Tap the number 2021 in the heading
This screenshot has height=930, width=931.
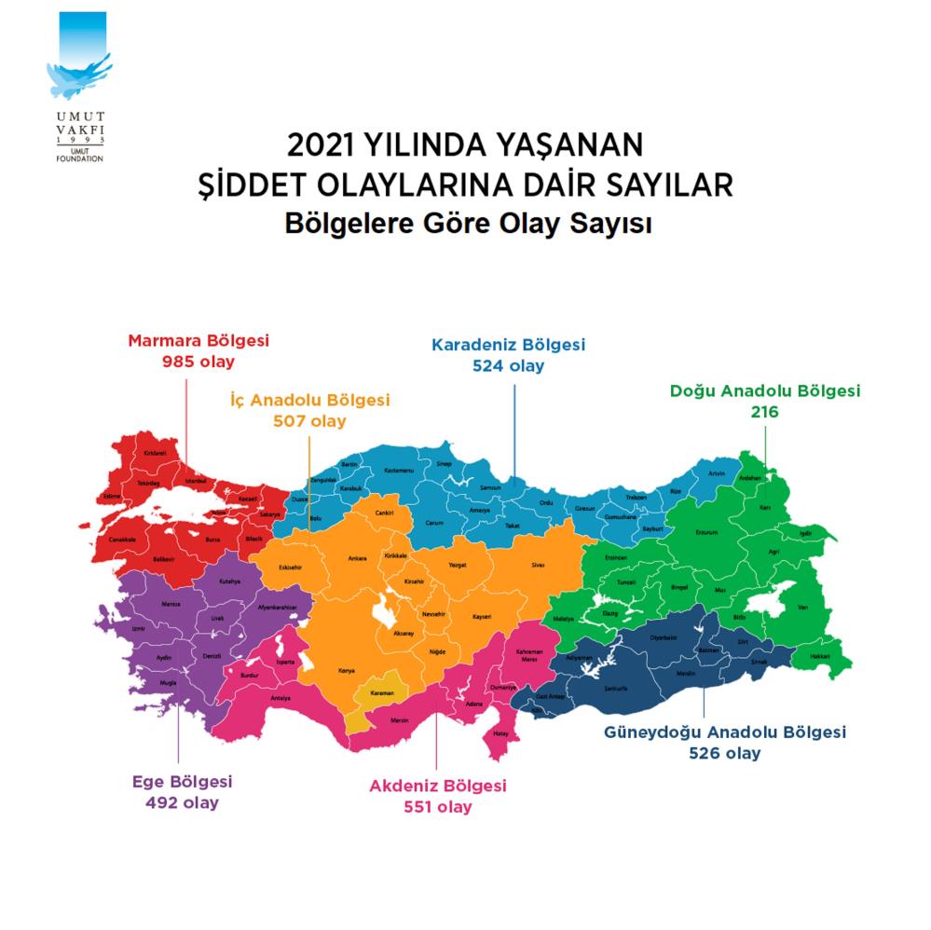click(323, 146)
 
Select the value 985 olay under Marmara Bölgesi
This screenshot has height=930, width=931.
click(198, 360)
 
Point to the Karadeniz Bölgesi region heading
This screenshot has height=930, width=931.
click(508, 344)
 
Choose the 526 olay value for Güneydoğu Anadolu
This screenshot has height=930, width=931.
click(724, 753)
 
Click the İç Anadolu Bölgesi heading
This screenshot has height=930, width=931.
click(309, 400)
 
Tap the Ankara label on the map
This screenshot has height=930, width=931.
click(357, 559)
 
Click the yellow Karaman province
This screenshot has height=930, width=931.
click(382, 694)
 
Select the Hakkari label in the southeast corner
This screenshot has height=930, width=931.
click(820, 656)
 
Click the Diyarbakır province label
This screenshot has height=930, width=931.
click(664, 638)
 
